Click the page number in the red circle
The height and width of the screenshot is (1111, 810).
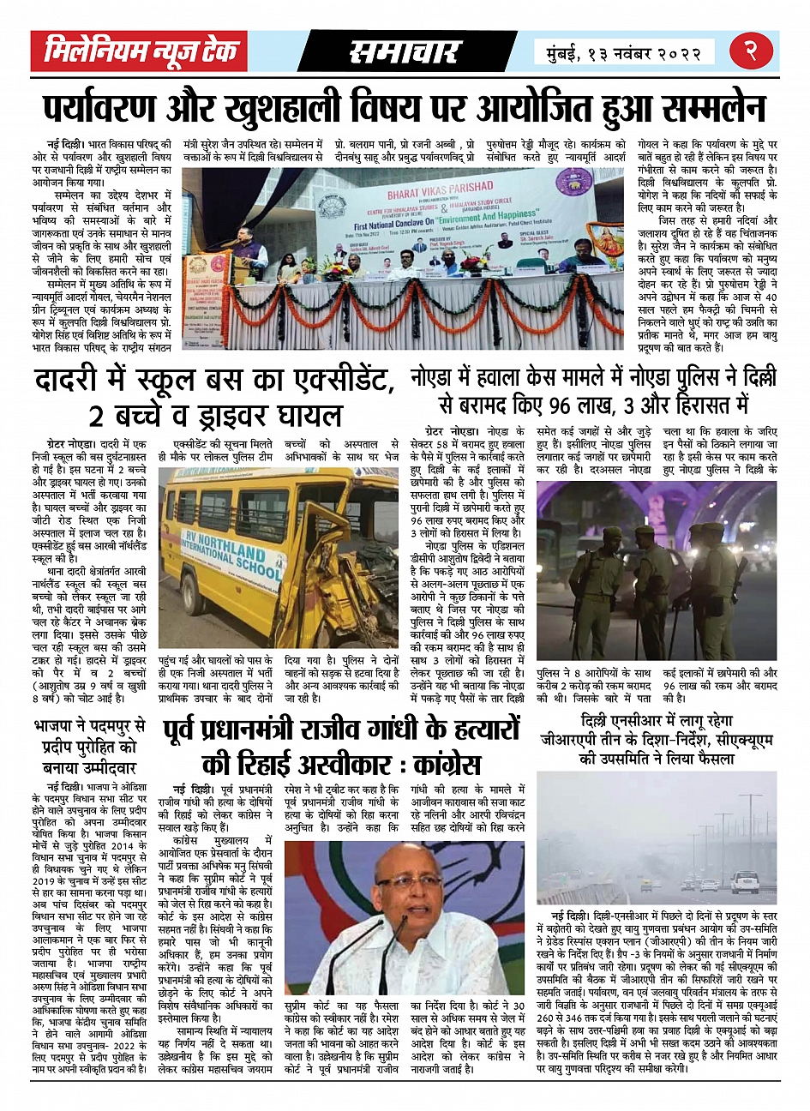(x=749, y=51)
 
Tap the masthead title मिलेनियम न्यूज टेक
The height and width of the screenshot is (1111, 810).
(x=140, y=51)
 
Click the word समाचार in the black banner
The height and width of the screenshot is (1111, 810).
(x=404, y=52)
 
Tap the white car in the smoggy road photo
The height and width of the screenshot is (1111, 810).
(x=742, y=882)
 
